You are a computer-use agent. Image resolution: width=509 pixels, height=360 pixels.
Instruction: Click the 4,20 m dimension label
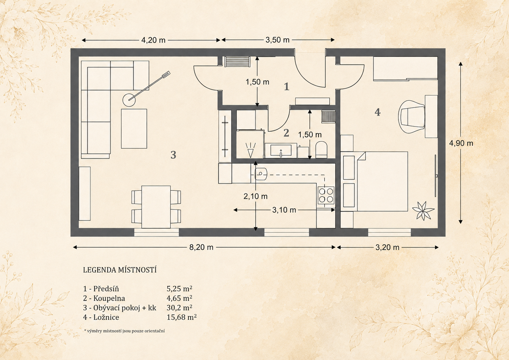pyautogui.click(x=153, y=40)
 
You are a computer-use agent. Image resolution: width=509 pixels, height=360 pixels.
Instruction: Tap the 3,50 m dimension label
pyautogui.click(x=278, y=40)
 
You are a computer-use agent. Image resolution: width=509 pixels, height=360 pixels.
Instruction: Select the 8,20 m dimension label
pyautogui.click(x=201, y=247)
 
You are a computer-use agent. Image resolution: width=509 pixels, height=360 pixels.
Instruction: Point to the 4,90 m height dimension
pyautogui.click(x=461, y=143)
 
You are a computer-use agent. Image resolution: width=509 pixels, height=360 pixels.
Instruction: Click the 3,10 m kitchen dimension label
pyautogui.click(x=284, y=210)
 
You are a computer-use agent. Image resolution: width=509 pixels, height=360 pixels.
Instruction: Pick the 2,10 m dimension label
pyautogui.click(x=255, y=196)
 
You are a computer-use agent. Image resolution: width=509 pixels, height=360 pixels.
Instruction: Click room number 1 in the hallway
pyautogui.click(x=286, y=87)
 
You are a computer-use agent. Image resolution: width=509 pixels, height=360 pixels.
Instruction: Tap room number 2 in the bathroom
pyautogui.click(x=286, y=133)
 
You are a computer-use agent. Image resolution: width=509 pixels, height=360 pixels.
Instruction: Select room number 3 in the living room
pyautogui.click(x=173, y=155)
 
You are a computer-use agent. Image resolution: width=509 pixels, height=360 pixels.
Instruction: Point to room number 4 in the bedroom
pyautogui.click(x=378, y=112)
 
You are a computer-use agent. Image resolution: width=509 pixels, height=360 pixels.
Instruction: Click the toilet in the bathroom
pyautogui.click(x=321, y=150)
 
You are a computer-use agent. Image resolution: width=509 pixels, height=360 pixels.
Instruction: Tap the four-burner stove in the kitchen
pyautogui.click(x=326, y=195)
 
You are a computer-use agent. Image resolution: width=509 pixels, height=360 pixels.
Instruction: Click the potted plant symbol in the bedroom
pyautogui.click(x=423, y=211)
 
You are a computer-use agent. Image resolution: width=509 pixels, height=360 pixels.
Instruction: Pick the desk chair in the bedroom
pyautogui.click(x=411, y=116)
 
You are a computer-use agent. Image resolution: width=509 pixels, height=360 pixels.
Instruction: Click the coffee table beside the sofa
pyautogui.click(x=134, y=129)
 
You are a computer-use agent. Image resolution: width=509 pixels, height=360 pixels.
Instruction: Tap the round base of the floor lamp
pyautogui.click(x=129, y=100)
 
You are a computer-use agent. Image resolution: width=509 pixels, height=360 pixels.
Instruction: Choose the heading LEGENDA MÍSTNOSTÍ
pyautogui.click(x=120, y=270)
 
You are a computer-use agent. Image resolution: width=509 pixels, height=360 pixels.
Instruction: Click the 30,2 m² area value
pyautogui.click(x=180, y=307)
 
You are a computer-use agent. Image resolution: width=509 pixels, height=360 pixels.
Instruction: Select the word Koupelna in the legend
pyautogui.click(x=109, y=298)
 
